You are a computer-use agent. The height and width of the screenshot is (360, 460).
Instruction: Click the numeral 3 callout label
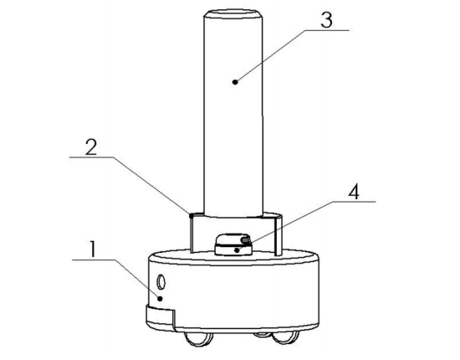pyautogui.click(x=326, y=20)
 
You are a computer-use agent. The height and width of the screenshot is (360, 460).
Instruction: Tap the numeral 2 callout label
pyautogui.click(x=91, y=147)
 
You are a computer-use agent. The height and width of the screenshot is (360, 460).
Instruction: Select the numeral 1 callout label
pyautogui.click(x=93, y=249)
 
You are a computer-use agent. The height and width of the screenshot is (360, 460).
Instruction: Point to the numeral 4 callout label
pyautogui.click(x=354, y=192)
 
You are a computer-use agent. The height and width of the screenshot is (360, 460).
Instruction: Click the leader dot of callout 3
pyautogui.click(x=235, y=82)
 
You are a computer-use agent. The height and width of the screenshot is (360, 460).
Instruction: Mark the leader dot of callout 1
pyautogui.click(x=161, y=299)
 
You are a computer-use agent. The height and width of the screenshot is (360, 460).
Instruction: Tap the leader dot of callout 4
pyautogui.click(x=237, y=250)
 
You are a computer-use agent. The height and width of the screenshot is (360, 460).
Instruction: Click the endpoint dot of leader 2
pyautogui.click(x=192, y=215)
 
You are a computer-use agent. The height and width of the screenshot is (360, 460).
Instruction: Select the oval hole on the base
pyautogui.click(x=161, y=282)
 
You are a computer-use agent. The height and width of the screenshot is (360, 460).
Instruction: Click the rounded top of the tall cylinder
pyautogui.click(x=233, y=13)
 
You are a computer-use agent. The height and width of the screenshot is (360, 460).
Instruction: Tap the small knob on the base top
pyautogui.click(x=233, y=244)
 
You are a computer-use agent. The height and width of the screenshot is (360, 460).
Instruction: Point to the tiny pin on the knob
pyautogui.click(x=246, y=240)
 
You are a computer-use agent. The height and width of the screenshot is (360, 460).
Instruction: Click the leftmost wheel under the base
pyautogui.click(x=197, y=338)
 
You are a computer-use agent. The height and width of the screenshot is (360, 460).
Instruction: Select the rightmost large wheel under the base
pyautogui.click(x=285, y=337)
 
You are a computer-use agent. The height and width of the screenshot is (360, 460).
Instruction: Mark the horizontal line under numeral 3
pyautogui.click(x=327, y=30)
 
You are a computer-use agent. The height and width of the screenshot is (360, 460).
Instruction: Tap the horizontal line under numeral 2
pyautogui.click(x=91, y=157)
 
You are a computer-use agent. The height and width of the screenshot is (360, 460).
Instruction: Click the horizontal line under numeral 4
pyautogui.click(x=354, y=202)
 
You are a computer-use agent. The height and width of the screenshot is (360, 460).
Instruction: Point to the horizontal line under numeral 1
pyautogui.click(x=94, y=260)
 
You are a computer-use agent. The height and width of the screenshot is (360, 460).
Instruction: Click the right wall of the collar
pyautogui.click(x=279, y=234)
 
